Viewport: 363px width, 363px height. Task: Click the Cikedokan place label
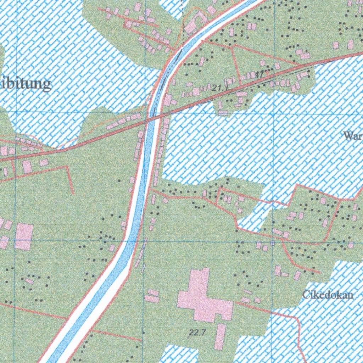pos(328,295)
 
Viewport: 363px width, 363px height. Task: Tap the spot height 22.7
pos(198,332)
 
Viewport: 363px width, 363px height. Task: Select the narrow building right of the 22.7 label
pos(220,336)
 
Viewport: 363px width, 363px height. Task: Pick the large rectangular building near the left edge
pos(24,236)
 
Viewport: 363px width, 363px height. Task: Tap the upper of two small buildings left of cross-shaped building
pos(153,292)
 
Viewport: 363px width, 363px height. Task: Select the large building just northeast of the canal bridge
pos(167,100)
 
